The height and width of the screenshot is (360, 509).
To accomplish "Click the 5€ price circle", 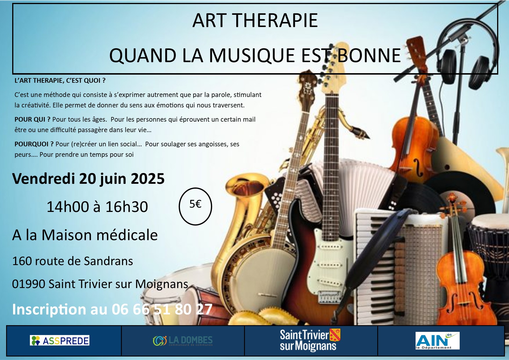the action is pyautogui.click(x=195, y=206).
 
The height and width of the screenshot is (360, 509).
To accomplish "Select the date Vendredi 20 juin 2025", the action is pyautogui.click(x=88, y=179).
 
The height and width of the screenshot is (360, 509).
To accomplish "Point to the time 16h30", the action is pyautogui.click(x=127, y=207).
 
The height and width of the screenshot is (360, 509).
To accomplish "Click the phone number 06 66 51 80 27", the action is pyautogui.click(x=162, y=309).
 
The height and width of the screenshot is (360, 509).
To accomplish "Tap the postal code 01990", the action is pyautogui.click(x=28, y=284).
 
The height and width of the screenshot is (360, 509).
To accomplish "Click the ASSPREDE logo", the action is pyautogui.click(x=59, y=341).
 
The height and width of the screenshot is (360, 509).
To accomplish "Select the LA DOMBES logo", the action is pyautogui.click(x=183, y=341).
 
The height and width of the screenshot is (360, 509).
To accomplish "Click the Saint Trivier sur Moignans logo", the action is pyautogui.click(x=310, y=340).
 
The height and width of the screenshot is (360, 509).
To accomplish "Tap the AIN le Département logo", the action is pyautogui.click(x=438, y=341).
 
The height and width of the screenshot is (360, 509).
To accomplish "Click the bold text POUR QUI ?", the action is pyautogui.click(x=33, y=119).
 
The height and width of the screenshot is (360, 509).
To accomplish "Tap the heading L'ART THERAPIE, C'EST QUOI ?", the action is pyautogui.click(x=60, y=80).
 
